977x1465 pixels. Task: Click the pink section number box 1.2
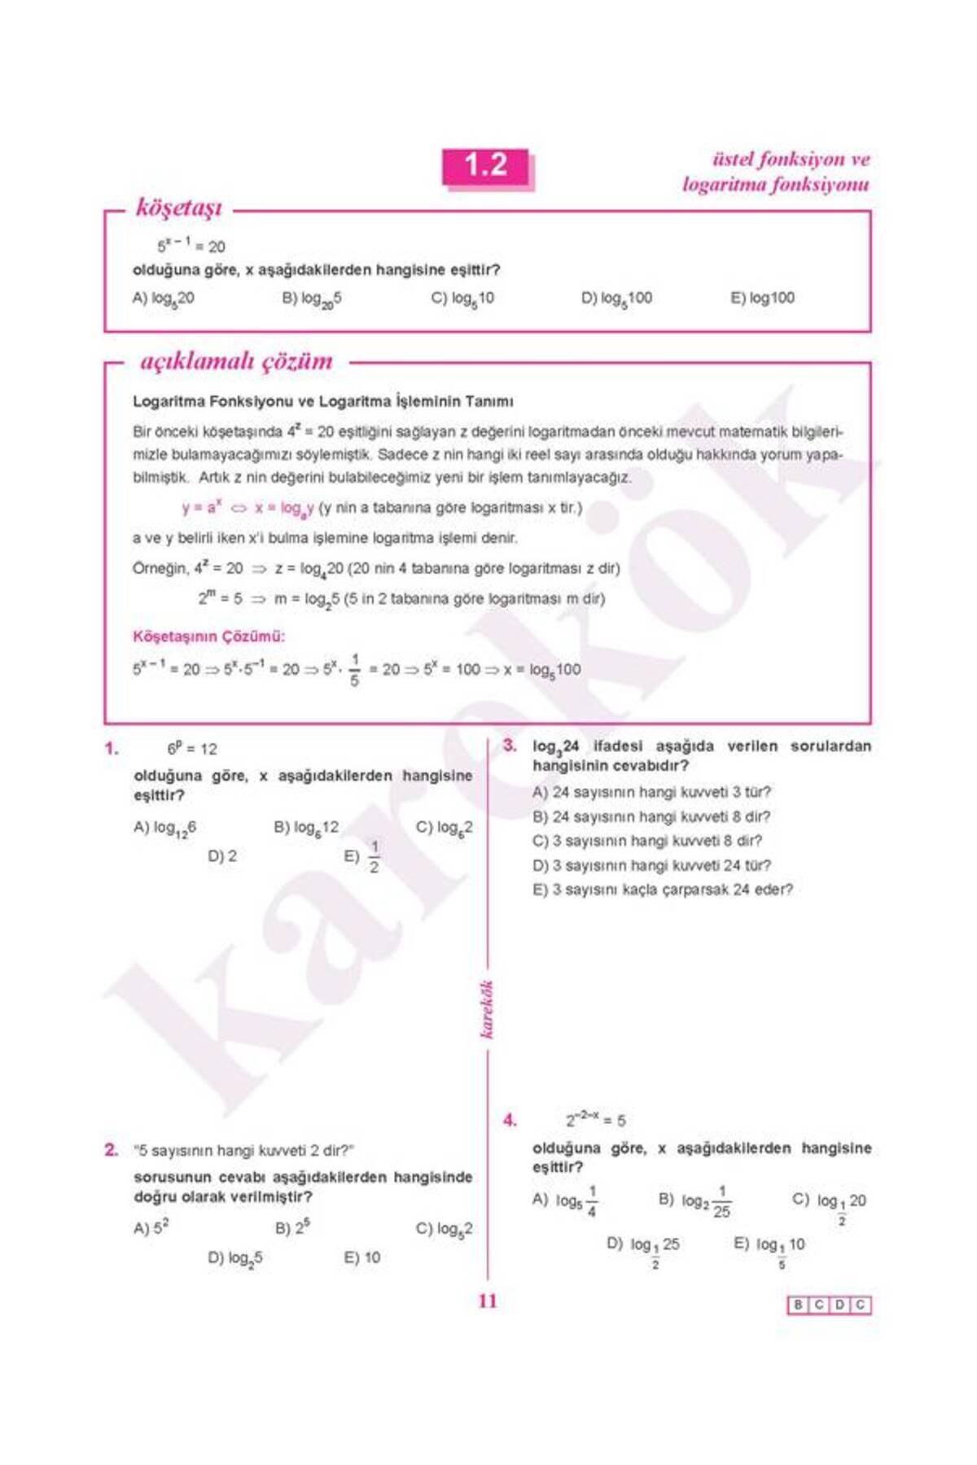coord(486,167)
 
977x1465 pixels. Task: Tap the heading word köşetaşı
coord(178,208)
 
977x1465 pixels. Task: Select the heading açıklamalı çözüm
coord(236,361)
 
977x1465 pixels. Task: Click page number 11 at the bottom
coord(487,1301)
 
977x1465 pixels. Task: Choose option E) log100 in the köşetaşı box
coord(762,298)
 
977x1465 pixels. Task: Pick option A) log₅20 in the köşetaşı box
coord(163,298)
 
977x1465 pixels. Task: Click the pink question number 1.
coord(112,749)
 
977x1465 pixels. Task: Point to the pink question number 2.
coord(112,1150)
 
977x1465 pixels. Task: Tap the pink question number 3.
coord(510,746)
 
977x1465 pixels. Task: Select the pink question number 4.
coord(510,1121)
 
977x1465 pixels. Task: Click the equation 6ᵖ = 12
coord(192,749)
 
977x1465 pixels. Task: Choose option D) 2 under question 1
coord(222,856)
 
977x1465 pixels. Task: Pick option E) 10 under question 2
coord(362,1257)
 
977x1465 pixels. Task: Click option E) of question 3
coord(662,890)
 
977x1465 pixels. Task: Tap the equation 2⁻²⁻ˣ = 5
coord(596,1121)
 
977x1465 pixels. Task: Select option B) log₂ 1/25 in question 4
coord(694,1201)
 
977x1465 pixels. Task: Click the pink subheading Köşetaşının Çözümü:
coord(208,636)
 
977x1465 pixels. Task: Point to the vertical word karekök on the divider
coord(487,1010)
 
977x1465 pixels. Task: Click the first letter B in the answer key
coord(798,1305)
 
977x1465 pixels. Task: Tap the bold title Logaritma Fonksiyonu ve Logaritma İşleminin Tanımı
coord(322,402)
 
